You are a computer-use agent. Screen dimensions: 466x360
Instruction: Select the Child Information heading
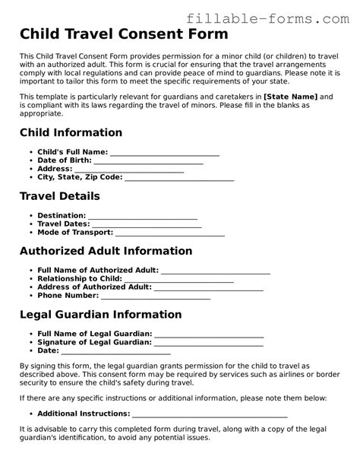[x=70, y=132]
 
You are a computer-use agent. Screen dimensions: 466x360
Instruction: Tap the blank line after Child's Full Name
[x=165, y=154]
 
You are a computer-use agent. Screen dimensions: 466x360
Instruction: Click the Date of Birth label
[x=64, y=160]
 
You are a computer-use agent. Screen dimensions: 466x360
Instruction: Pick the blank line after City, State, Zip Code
[x=178, y=179]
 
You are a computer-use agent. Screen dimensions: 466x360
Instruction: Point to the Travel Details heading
[x=59, y=196]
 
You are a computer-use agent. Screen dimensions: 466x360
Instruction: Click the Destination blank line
[x=143, y=217]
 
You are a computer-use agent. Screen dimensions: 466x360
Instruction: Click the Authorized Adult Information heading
[x=106, y=251]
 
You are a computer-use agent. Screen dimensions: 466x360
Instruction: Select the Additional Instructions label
[x=84, y=414]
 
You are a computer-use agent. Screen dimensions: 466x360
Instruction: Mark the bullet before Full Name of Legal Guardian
[x=30, y=334]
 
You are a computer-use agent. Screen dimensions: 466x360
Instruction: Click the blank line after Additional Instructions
[x=210, y=415]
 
